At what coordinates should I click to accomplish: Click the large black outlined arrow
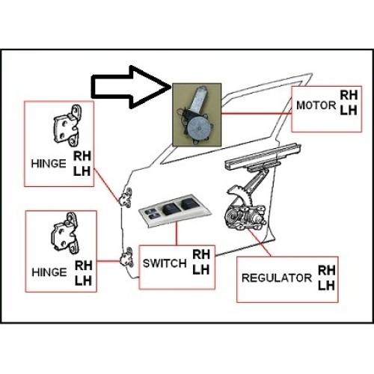(x=129, y=88)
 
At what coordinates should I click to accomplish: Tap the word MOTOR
(x=316, y=105)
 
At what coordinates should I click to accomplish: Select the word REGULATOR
(x=277, y=278)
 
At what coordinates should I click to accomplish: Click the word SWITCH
(x=165, y=263)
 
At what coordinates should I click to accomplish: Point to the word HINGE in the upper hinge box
(x=49, y=164)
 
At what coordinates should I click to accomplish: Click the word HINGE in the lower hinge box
(x=49, y=272)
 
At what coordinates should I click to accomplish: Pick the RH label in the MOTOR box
(x=349, y=95)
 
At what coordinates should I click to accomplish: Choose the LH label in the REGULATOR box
(x=326, y=286)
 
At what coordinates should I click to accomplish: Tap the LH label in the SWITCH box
(x=200, y=270)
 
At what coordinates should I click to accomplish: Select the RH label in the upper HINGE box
(x=82, y=156)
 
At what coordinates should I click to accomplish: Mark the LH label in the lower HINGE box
(x=83, y=281)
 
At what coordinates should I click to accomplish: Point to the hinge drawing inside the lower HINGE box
(x=65, y=233)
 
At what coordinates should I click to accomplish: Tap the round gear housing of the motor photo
(x=199, y=128)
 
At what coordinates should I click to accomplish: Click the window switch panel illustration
(x=174, y=209)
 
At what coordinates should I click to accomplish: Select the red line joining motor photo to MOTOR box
(x=257, y=114)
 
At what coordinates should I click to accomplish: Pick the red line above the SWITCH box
(x=177, y=233)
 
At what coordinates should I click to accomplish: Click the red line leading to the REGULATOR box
(x=259, y=242)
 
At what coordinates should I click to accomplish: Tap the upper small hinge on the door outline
(x=126, y=197)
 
